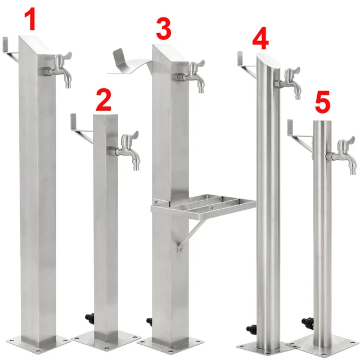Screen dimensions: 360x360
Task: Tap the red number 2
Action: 103,101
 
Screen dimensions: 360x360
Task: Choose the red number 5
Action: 322,103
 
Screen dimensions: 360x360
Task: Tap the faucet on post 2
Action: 127,150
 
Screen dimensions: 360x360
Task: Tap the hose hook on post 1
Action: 11,48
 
